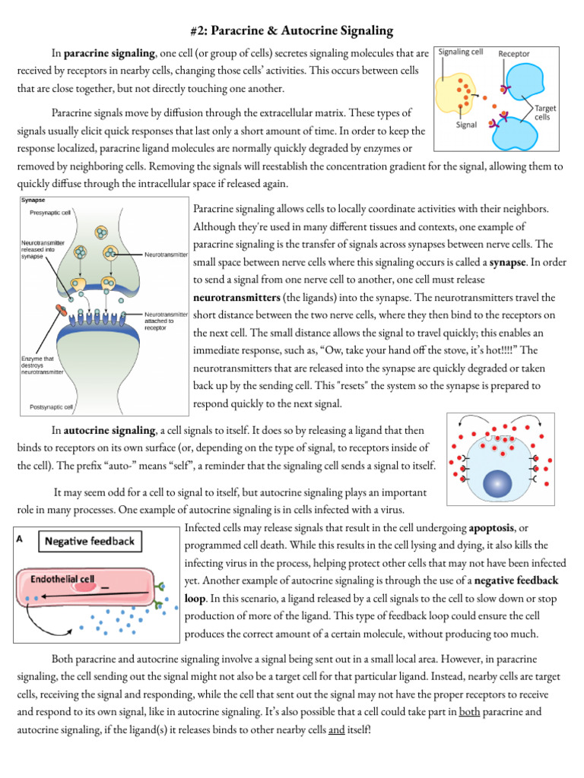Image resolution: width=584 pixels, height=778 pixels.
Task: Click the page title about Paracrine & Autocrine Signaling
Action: coord(291,31)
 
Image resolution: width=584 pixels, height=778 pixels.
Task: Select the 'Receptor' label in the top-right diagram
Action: coord(514,55)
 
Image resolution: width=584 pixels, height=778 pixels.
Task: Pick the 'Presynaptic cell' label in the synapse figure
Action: coord(46,213)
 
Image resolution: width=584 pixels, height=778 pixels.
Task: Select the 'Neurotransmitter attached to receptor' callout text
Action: coord(167,321)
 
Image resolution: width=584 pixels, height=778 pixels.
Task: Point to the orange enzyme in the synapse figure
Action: coord(60,311)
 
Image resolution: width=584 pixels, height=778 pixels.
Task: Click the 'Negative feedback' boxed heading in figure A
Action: coord(89,541)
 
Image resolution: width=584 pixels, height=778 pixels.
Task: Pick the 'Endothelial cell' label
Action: coord(62,578)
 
